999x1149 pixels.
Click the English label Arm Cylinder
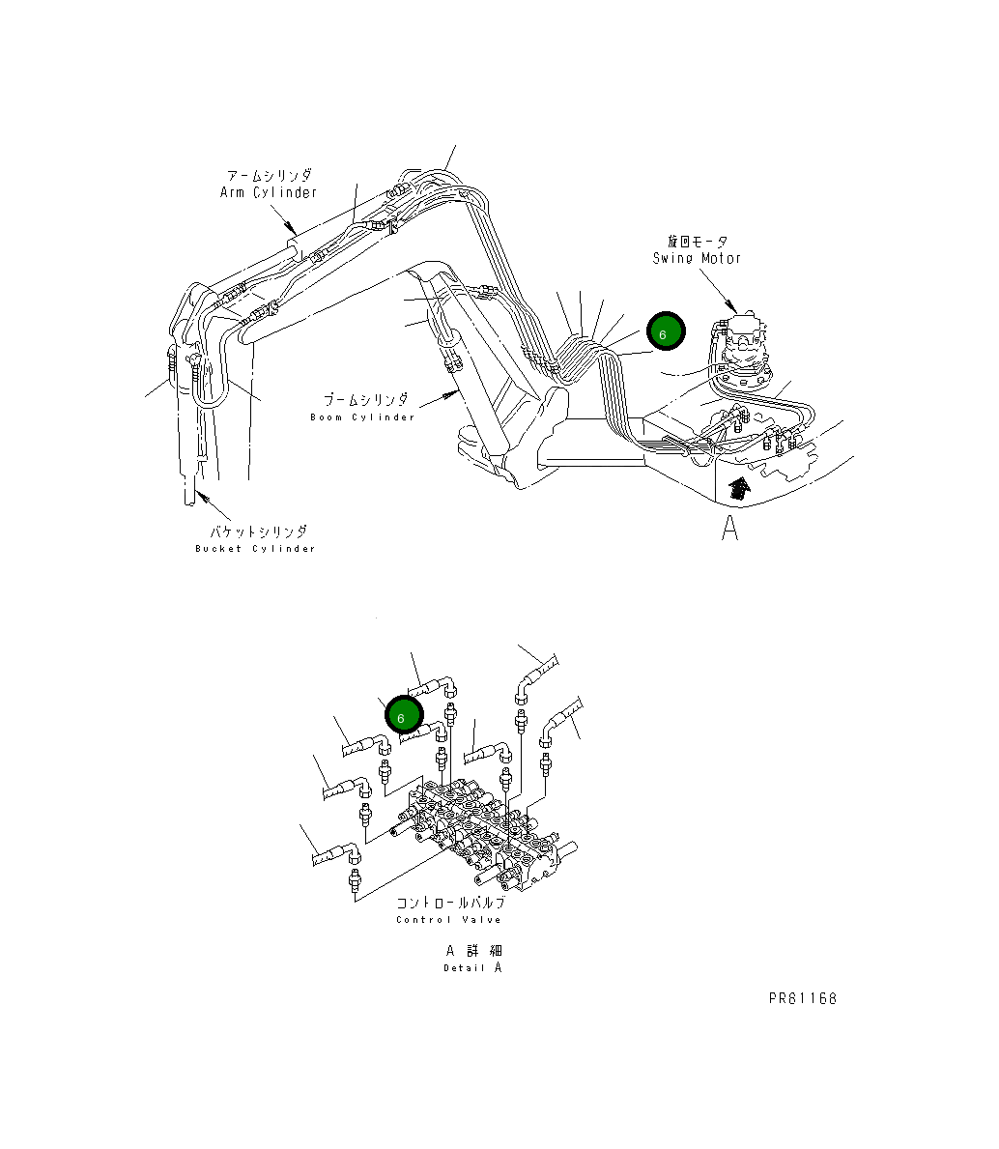click(269, 192)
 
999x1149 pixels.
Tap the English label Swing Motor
click(697, 258)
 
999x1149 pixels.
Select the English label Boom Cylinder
click(362, 417)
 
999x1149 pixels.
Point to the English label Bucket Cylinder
click(255, 549)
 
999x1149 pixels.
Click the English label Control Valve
click(448, 920)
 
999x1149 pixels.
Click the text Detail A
click(472, 967)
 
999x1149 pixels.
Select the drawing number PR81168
click(803, 998)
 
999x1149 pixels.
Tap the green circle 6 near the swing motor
click(665, 331)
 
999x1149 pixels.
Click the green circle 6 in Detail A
click(402, 716)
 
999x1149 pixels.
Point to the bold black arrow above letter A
click(738, 487)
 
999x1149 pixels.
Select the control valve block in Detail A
click(483, 836)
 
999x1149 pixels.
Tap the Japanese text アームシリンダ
click(270, 176)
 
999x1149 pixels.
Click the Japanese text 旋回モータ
click(697, 242)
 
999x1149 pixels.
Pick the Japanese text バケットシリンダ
click(259, 532)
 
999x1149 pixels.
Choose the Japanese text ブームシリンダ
click(365, 400)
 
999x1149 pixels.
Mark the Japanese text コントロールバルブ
click(450, 903)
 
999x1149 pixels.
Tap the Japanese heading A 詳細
click(473, 951)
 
